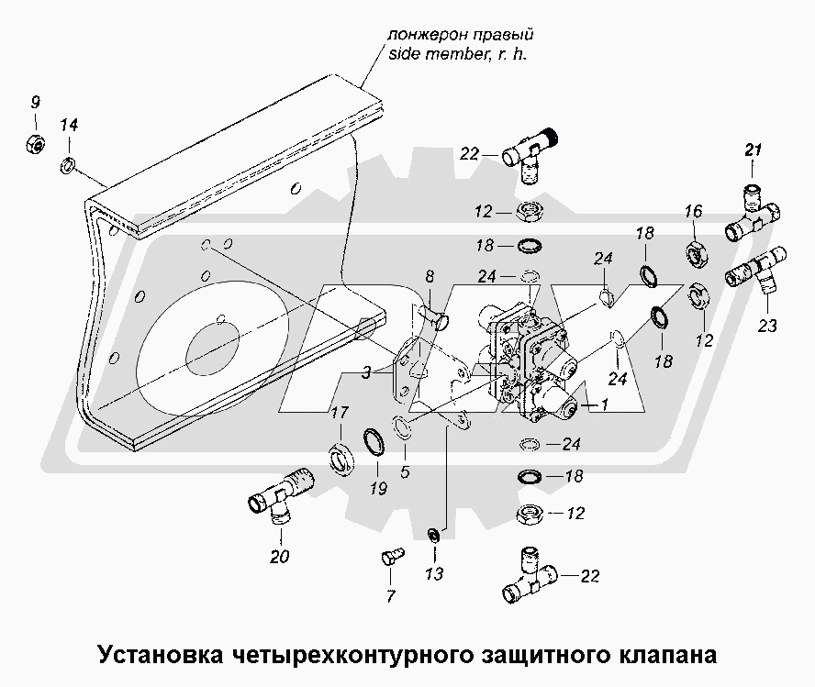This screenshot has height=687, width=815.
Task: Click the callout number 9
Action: point(35,100)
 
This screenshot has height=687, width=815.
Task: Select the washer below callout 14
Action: point(68,166)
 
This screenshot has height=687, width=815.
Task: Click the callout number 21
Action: point(753,151)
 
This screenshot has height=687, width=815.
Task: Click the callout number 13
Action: point(434,575)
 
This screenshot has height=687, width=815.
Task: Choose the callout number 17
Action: point(338,413)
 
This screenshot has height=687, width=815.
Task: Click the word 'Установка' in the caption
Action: point(157,656)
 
